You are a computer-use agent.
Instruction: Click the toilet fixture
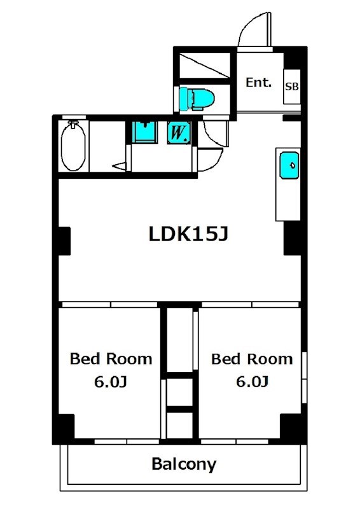[x=197, y=99]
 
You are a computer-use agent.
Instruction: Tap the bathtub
[x=73, y=146]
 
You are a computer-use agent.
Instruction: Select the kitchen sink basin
[x=289, y=165]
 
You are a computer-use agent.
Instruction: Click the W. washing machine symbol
[x=178, y=132]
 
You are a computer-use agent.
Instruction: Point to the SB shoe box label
[x=291, y=87]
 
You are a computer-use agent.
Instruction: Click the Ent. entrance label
[x=258, y=83]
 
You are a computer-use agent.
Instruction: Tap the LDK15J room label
[x=188, y=234]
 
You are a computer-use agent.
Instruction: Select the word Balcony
[x=184, y=464]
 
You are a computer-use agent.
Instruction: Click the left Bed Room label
[x=111, y=359]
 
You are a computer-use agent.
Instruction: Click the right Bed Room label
[x=253, y=359]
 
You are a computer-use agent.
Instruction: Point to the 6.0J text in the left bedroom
[x=111, y=382]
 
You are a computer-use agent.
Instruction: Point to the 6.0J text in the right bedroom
[x=253, y=382]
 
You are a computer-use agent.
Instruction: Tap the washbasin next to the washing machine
[x=146, y=132]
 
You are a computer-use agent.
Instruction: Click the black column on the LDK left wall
[x=64, y=241]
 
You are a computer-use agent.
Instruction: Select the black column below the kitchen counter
[x=293, y=238]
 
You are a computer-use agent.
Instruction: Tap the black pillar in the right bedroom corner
[x=291, y=426]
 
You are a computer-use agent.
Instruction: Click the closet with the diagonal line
[x=205, y=66]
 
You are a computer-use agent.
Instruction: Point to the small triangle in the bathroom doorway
[x=120, y=166]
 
